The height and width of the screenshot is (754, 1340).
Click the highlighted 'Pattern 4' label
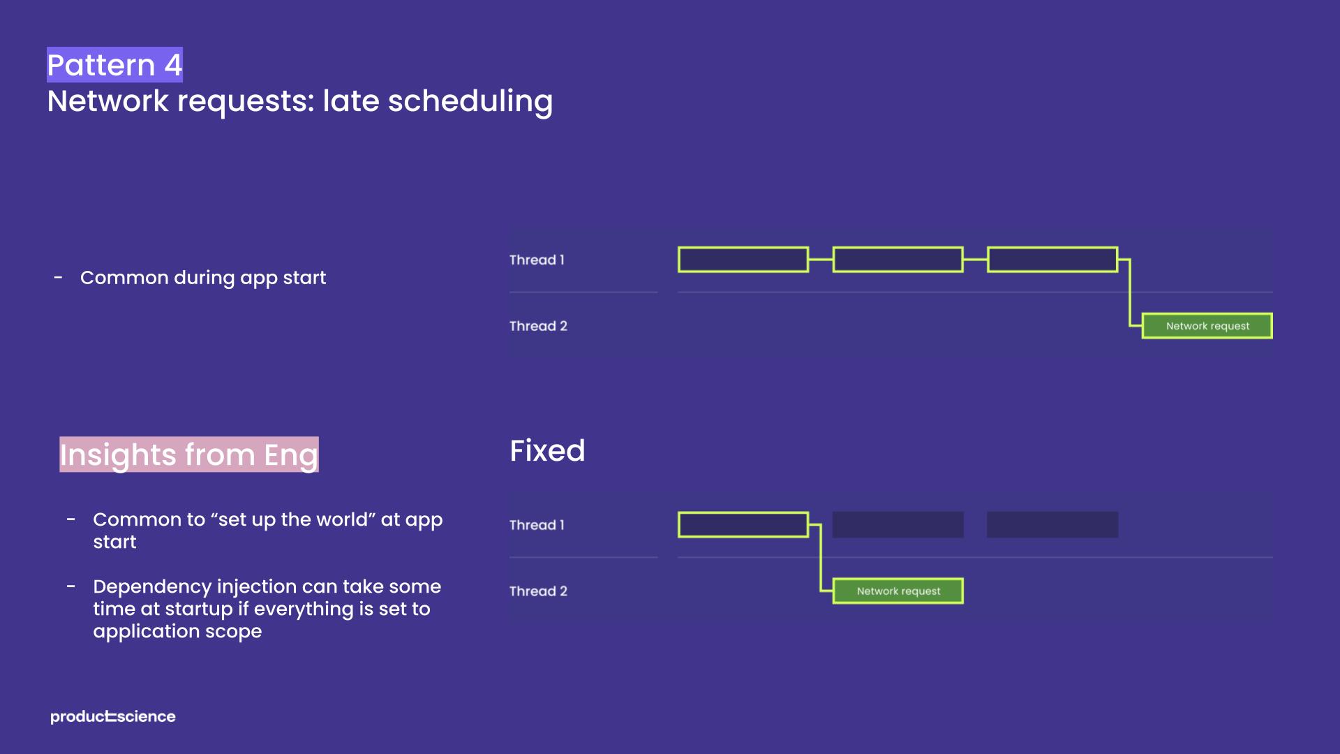click(114, 65)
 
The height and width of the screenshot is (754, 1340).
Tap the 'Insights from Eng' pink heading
click(188, 454)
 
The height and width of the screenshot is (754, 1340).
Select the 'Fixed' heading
click(547, 451)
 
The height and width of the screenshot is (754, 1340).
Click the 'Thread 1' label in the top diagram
click(537, 260)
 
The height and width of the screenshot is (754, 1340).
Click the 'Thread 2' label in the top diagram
click(538, 326)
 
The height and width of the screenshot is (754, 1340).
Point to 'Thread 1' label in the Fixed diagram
click(537, 525)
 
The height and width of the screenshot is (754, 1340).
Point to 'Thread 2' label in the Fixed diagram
click(538, 591)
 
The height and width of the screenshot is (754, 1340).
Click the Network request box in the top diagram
click(1207, 326)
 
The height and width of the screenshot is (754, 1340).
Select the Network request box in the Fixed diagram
click(898, 591)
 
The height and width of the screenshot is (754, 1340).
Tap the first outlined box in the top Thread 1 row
click(743, 260)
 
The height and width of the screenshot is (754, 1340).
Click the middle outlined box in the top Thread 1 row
click(898, 260)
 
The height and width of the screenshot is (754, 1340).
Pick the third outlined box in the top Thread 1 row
click(1052, 260)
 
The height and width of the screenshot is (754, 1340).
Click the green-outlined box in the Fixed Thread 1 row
click(743, 525)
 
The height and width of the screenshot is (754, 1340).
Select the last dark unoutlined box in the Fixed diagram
click(1052, 525)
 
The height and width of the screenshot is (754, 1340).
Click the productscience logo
click(113, 717)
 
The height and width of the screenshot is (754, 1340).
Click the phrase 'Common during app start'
click(202, 278)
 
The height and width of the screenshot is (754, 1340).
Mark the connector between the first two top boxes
click(821, 260)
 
